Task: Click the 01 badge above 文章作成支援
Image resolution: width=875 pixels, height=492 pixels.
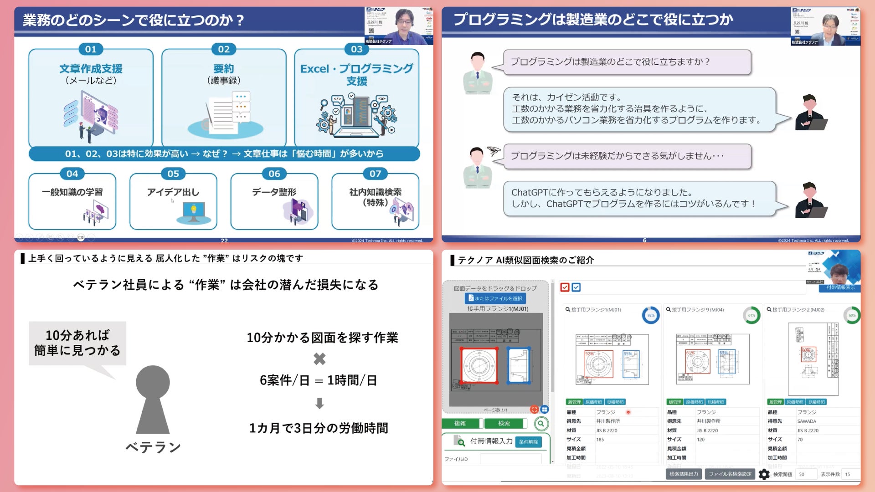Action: [x=91, y=49]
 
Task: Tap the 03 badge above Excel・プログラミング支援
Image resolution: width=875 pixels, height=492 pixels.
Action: [x=356, y=49]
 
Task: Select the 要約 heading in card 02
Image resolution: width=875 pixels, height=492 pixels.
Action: [x=223, y=69]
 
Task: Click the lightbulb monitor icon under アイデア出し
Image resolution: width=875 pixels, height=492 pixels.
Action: [x=194, y=211]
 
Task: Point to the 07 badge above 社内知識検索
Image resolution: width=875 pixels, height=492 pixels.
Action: [x=375, y=174]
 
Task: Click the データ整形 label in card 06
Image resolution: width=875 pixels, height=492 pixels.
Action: [x=274, y=192]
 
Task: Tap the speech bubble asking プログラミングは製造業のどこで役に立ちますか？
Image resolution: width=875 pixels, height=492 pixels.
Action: [x=627, y=62]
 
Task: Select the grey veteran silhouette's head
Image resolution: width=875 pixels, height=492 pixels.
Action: [x=153, y=382]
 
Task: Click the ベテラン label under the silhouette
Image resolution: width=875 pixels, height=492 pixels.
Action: [x=153, y=447]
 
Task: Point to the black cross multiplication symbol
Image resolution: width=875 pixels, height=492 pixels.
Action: [x=319, y=359]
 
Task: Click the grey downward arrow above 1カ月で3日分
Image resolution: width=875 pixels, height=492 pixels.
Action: [x=319, y=403]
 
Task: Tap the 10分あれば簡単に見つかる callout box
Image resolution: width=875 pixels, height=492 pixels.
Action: [x=77, y=343]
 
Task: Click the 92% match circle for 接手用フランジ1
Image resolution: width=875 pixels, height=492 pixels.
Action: [x=651, y=315]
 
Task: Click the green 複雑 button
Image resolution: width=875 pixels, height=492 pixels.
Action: [x=460, y=423]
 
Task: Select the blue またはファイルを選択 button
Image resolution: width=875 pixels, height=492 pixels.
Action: [x=495, y=298]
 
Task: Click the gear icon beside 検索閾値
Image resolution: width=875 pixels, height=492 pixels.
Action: [x=764, y=474]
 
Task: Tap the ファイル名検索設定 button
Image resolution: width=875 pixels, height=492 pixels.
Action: [x=730, y=474]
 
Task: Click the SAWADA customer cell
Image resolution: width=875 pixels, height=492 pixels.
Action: [x=807, y=421]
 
